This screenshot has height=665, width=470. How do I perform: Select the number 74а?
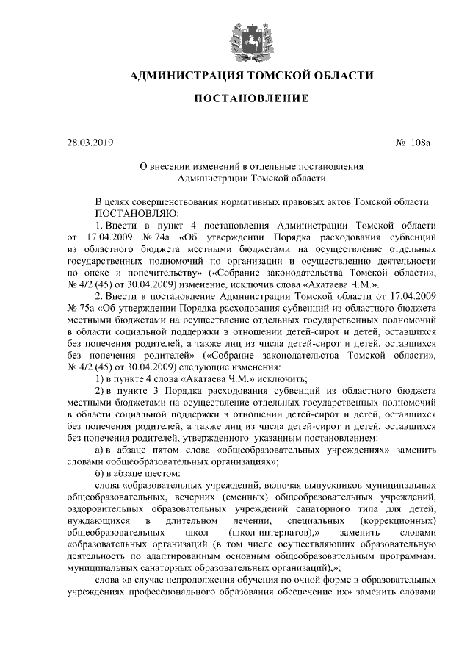(156, 237)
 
